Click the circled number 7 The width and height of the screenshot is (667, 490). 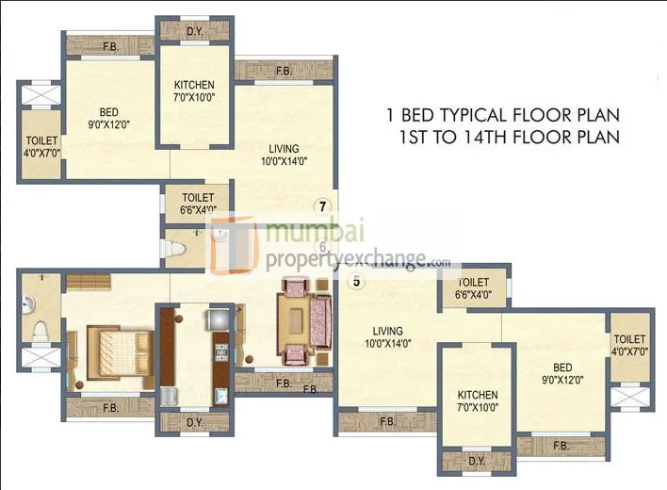point(323,206)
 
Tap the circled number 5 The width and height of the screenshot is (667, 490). point(356,280)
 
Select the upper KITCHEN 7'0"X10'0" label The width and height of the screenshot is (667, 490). point(195,91)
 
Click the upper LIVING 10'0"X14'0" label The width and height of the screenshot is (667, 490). point(283,155)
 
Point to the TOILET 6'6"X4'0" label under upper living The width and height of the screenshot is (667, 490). point(191,204)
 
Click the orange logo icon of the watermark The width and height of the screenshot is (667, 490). point(236,248)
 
